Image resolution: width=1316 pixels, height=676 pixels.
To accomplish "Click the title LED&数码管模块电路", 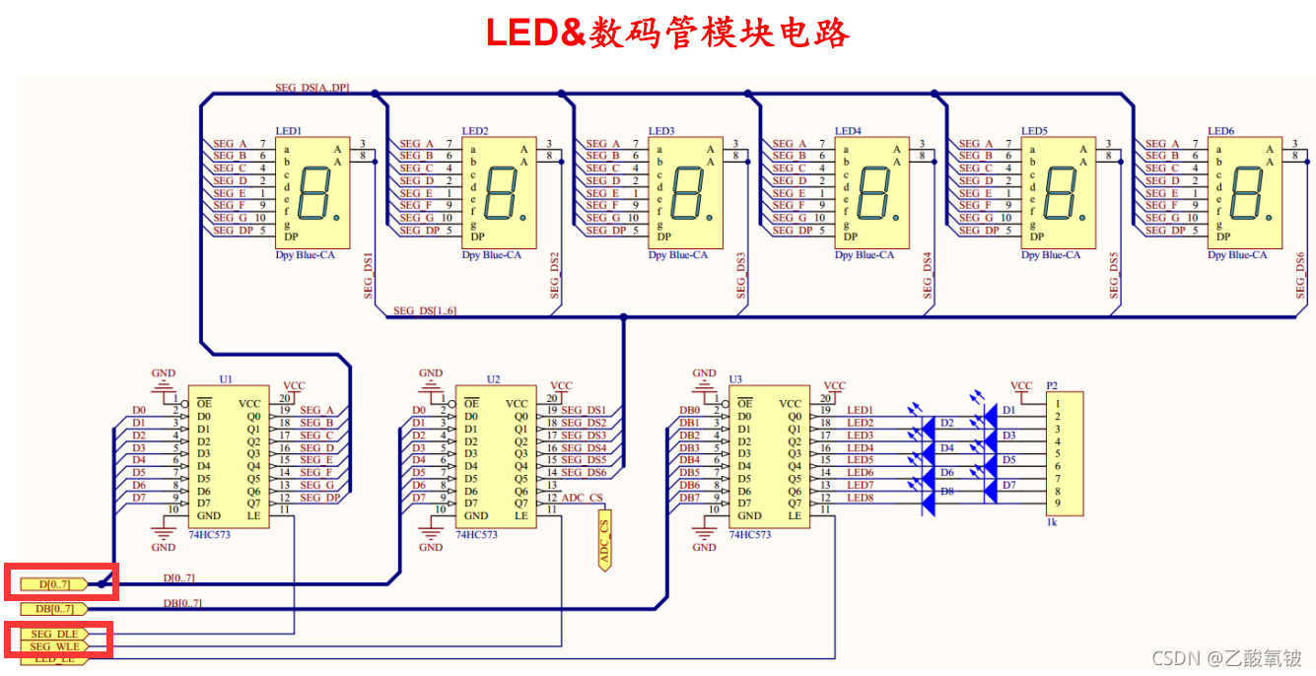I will [x=667, y=33].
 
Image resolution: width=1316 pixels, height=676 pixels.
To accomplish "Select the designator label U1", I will [x=227, y=378].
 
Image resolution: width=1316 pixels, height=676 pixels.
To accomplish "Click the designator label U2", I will [x=494, y=378].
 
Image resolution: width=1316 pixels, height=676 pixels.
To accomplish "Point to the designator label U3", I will [x=735, y=378].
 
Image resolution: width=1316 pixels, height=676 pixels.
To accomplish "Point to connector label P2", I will [x=1052, y=385].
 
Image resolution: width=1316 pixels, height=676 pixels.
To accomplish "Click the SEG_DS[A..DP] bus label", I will [x=312, y=88].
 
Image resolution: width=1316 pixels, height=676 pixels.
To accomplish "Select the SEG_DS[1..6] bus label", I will [x=424, y=311].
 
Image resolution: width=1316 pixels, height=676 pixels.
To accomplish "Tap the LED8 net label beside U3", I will [x=860, y=498].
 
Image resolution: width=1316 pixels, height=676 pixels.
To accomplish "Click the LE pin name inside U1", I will [x=254, y=515].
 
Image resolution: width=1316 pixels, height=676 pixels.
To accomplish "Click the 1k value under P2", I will [x=1052, y=524].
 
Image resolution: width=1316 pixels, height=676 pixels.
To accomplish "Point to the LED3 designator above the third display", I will [x=661, y=131].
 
